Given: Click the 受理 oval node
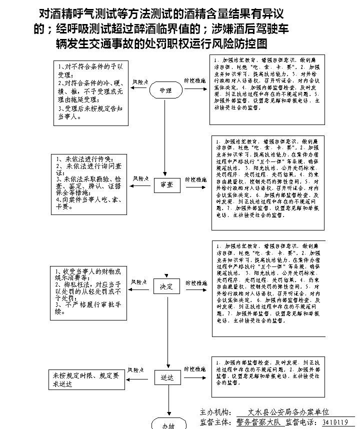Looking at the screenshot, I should pyautogui.click(x=166, y=90).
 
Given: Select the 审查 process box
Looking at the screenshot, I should pyautogui.click(x=166, y=184).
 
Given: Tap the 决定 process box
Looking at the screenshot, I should pyautogui.click(x=166, y=287).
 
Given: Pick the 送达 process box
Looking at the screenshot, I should pyautogui.click(x=166, y=377).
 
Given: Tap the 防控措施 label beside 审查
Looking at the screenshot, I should pyautogui.click(x=196, y=178).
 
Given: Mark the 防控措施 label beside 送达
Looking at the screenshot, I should pyautogui.click(x=195, y=369).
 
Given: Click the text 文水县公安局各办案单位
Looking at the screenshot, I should pyautogui.click(x=290, y=412).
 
